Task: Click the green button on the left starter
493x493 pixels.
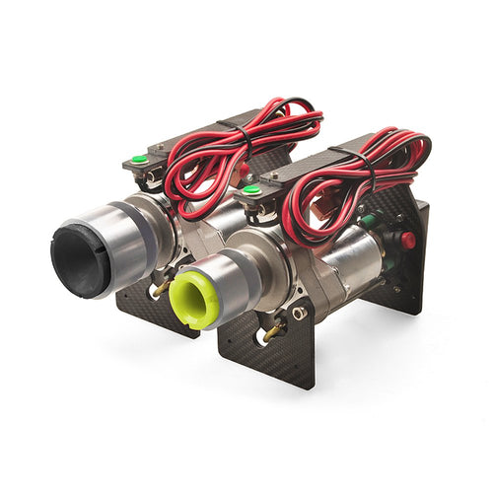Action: [139, 159]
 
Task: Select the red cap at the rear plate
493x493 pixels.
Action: [407, 239]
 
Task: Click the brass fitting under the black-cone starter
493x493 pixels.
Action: [159, 287]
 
